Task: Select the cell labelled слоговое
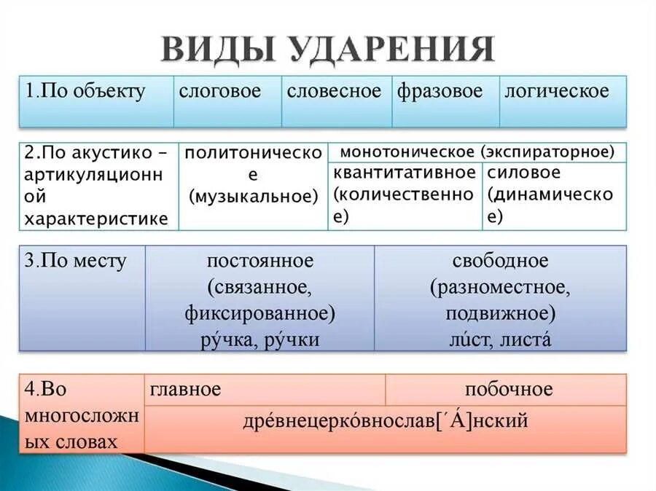pos(219,92)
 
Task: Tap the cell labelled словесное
pos(334,92)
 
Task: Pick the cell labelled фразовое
pos(440,92)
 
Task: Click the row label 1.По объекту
pos(85,92)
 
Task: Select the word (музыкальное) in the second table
pos(254,195)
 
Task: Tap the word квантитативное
pos(404,173)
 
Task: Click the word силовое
pos(524,173)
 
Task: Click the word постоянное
pos(259,262)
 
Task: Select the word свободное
pos(500,262)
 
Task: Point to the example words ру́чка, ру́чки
pos(259,339)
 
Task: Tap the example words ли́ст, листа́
pos(500,339)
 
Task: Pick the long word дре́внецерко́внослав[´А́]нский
pos(386,422)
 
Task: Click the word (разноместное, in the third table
pos(500,288)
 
